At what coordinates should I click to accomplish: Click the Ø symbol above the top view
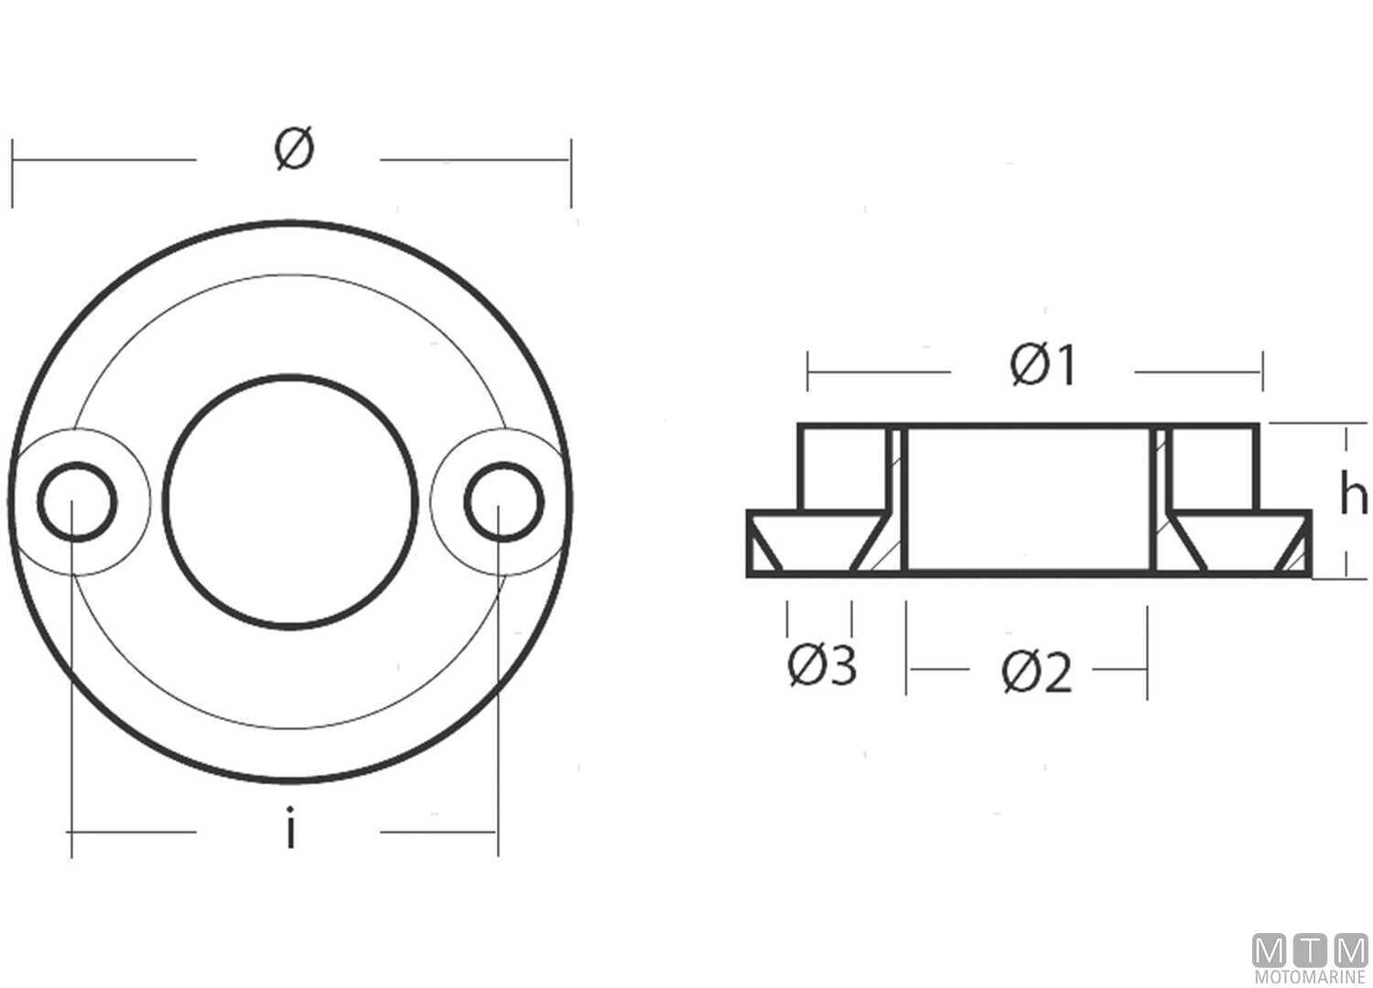(x=294, y=149)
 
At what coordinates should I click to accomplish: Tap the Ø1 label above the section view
(x=1043, y=367)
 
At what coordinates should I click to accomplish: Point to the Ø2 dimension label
(x=1036, y=673)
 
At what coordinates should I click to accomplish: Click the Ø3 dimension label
(x=821, y=666)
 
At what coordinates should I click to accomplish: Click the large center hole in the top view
(x=290, y=501)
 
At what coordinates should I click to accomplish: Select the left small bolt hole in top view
(x=77, y=502)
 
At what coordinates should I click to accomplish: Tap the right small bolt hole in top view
(x=503, y=502)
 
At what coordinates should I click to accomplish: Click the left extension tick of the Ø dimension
(x=13, y=173)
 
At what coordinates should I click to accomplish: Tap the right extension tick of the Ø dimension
(x=571, y=173)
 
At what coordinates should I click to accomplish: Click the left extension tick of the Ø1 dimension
(x=807, y=370)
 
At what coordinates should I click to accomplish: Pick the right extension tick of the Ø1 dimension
(x=1263, y=370)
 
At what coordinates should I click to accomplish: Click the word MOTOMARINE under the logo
(x=1310, y=978)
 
